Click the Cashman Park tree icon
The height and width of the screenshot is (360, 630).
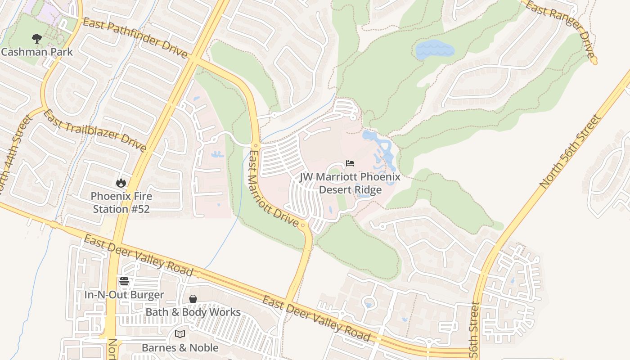37,39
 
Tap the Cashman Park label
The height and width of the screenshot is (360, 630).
37,52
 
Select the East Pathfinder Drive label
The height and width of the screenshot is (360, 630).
135,38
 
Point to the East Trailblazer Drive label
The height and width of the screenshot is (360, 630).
95,130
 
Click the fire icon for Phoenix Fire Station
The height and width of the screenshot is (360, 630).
121,183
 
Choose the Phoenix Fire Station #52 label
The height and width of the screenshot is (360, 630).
121,202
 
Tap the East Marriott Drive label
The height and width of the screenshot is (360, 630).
273,189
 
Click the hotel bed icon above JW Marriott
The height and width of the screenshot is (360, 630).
350,163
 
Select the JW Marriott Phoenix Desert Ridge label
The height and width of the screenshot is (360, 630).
350,183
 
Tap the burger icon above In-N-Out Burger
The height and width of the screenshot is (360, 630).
124,282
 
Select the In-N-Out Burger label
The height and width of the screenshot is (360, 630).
124,295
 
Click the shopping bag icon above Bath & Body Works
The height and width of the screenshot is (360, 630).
193,299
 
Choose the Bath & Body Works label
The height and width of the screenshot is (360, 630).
193,312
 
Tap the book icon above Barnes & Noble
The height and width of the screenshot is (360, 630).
180,334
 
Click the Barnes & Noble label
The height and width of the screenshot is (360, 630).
180,348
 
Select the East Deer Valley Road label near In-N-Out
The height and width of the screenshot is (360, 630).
138,255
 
